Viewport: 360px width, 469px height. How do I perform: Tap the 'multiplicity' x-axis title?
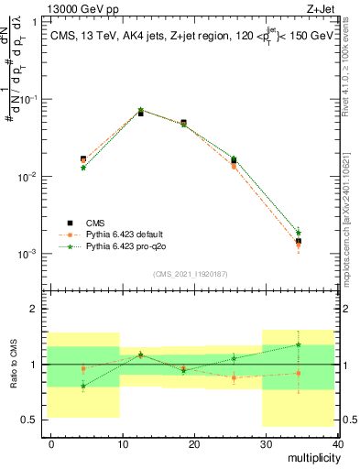[x=311, y=458]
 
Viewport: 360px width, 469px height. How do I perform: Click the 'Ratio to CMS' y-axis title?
[x=12, y=365]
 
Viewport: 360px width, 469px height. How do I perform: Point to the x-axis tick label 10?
[x=123, y=443]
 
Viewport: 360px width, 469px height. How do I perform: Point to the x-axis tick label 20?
[x=194, y=443]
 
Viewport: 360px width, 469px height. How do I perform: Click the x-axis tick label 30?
[x=266, y=443]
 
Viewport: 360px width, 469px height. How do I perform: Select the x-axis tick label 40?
[x=336, y=443]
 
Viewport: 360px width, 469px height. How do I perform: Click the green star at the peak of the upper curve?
[x=140, y=110]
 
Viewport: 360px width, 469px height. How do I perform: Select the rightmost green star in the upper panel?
[x=298, y=233]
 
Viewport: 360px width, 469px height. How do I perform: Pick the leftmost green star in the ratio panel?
[x=83, y=386]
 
